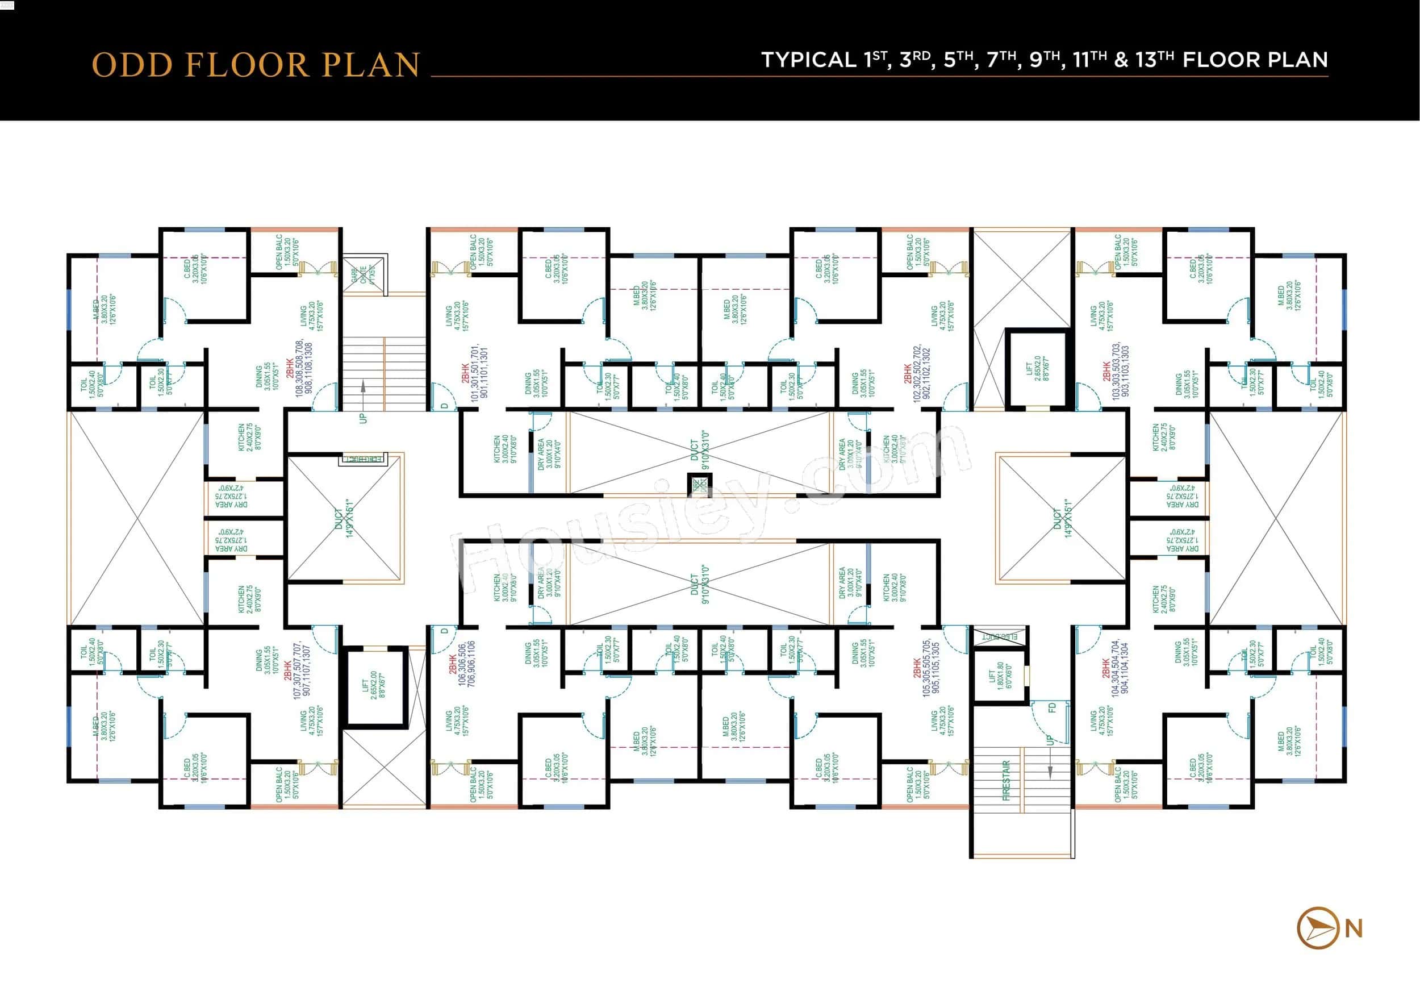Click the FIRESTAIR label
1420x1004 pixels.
pyautogui.click(x=1005, y=780)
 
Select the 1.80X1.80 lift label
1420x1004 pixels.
pyautogui.click(x=996, y=676)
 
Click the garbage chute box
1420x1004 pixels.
pyautogui.click(x=364, y=274)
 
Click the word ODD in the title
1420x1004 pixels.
pyautogui.click(x=132, y=65)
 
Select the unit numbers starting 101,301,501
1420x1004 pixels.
pyautogui.click(x=479, y=374)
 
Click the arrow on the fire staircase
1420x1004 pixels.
pyautogui.click(x=1050, y=770)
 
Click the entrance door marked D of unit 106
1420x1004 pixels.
pyautogui.click(x=444, y=632)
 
